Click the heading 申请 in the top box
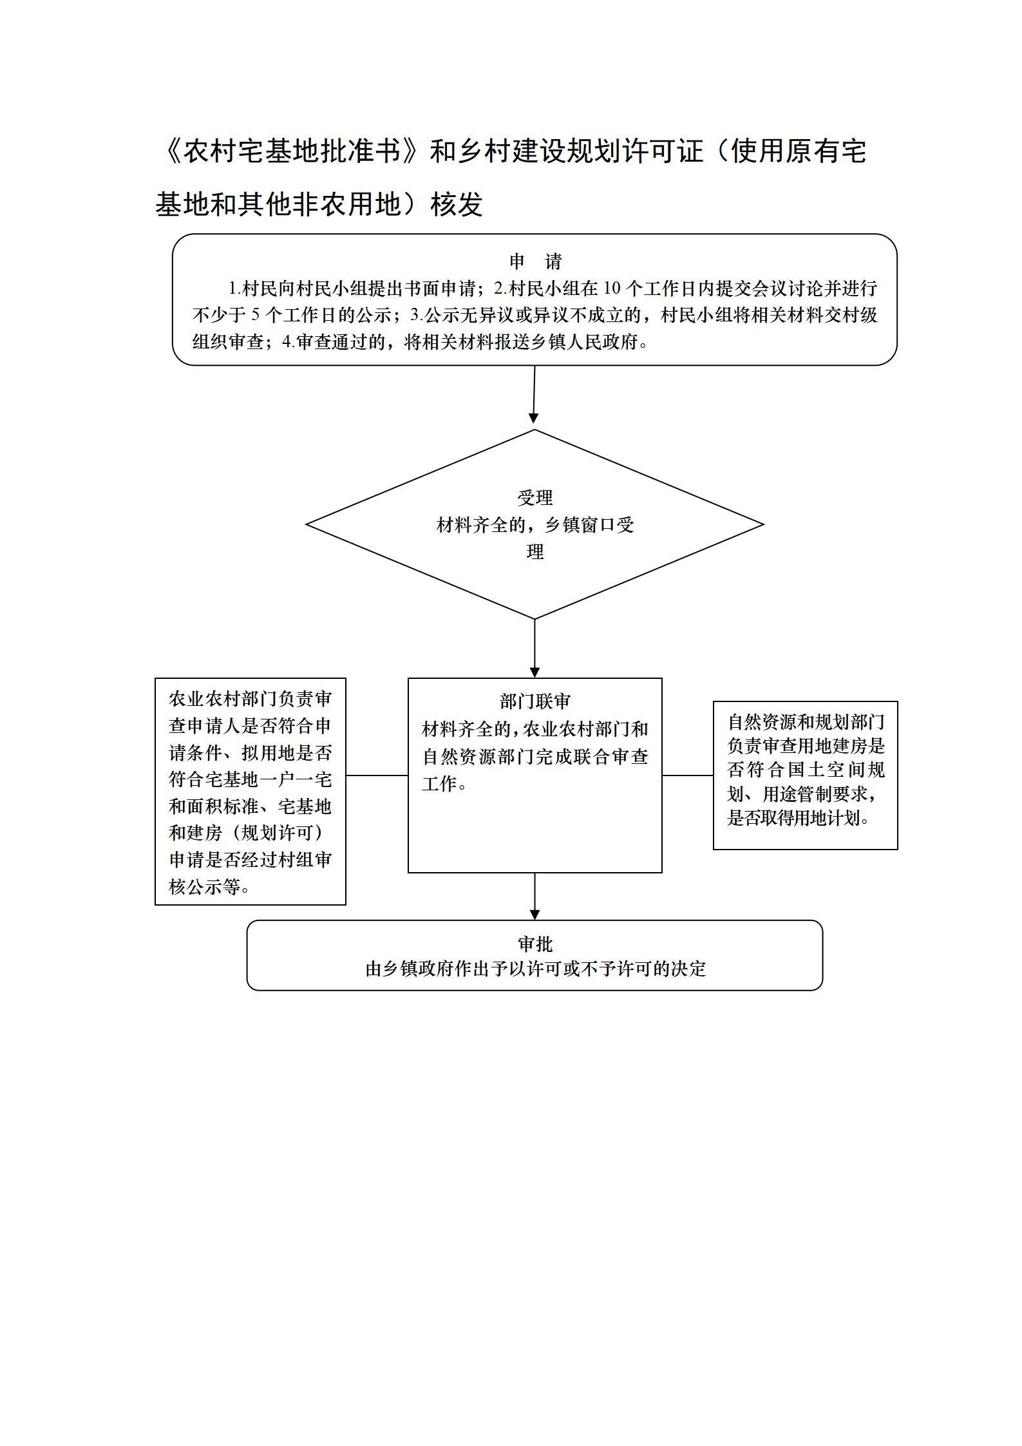[535, 262]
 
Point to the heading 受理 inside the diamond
[535, 497]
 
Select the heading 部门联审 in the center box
[535, 701]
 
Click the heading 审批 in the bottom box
[535, 944]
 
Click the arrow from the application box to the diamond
[534, 394]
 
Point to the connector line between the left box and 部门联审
[377, 775]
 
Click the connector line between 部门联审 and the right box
[688, 775]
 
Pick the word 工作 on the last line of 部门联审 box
[440, 784]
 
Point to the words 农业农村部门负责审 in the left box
[251, 699]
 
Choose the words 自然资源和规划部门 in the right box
[806, 721]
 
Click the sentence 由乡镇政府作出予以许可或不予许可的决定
[536, 969]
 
